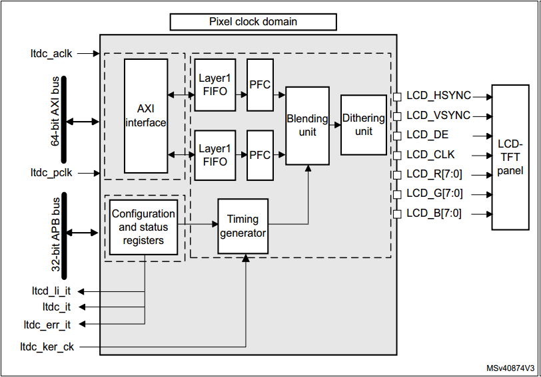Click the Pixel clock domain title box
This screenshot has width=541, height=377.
point(253,22)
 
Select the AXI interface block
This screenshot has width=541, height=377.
point(146,116)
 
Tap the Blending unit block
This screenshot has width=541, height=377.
point(307,125)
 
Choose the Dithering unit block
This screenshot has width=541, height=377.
point(363,124)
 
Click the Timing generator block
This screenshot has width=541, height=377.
point(243,226)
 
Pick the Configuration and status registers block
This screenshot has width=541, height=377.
point(143,227)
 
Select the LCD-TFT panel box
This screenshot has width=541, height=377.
point(510,157)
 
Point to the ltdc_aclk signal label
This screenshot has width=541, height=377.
point(51,53)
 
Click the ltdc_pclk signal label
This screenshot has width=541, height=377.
point(51,172)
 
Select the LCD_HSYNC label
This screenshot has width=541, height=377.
point(438,96)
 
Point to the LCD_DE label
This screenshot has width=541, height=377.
point(427,135)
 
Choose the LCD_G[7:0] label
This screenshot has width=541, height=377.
point(434,194)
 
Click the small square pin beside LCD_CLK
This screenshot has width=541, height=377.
point(397,155)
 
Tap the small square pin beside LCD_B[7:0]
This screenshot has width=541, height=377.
point(397,213)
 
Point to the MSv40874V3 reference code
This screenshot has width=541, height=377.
point(510,368)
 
